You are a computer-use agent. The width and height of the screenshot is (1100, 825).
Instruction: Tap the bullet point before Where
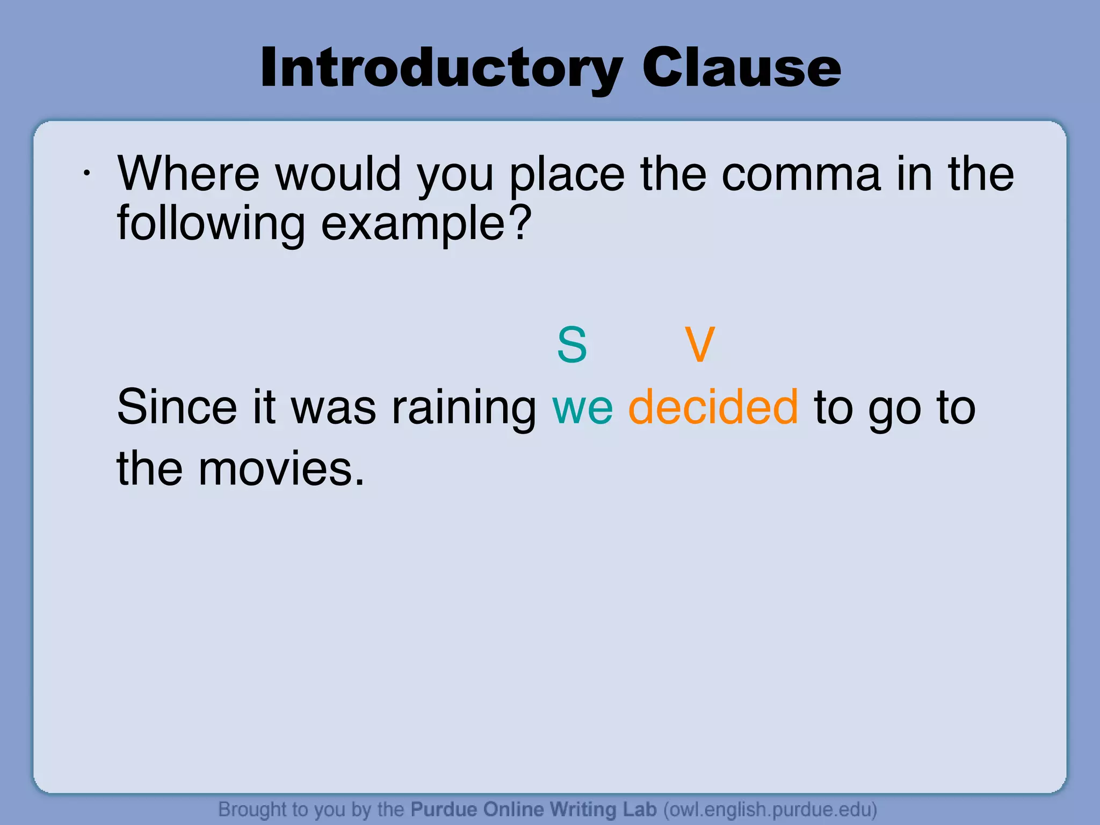(x=86, y=173)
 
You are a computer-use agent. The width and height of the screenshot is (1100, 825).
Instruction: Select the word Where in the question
(x=189, y=174)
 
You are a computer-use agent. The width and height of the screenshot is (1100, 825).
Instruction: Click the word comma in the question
(x=801, y=175)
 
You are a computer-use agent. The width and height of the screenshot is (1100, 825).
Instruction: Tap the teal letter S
(x=572, y=345)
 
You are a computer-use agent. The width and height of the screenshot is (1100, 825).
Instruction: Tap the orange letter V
(x=700, y=345)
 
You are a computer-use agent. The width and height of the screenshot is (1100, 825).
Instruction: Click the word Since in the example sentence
(x=177, y=407)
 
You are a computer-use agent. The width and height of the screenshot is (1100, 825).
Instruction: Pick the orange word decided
(x=713, y=407)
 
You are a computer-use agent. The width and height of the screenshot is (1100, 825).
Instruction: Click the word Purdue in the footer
(x=444, y=809)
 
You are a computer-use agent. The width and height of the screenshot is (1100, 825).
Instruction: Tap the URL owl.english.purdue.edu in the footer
(x=770, y=809)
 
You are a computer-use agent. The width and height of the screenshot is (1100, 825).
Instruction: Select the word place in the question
(x=567, y=175)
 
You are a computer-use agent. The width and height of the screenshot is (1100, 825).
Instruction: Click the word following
(x=211, y=225)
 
